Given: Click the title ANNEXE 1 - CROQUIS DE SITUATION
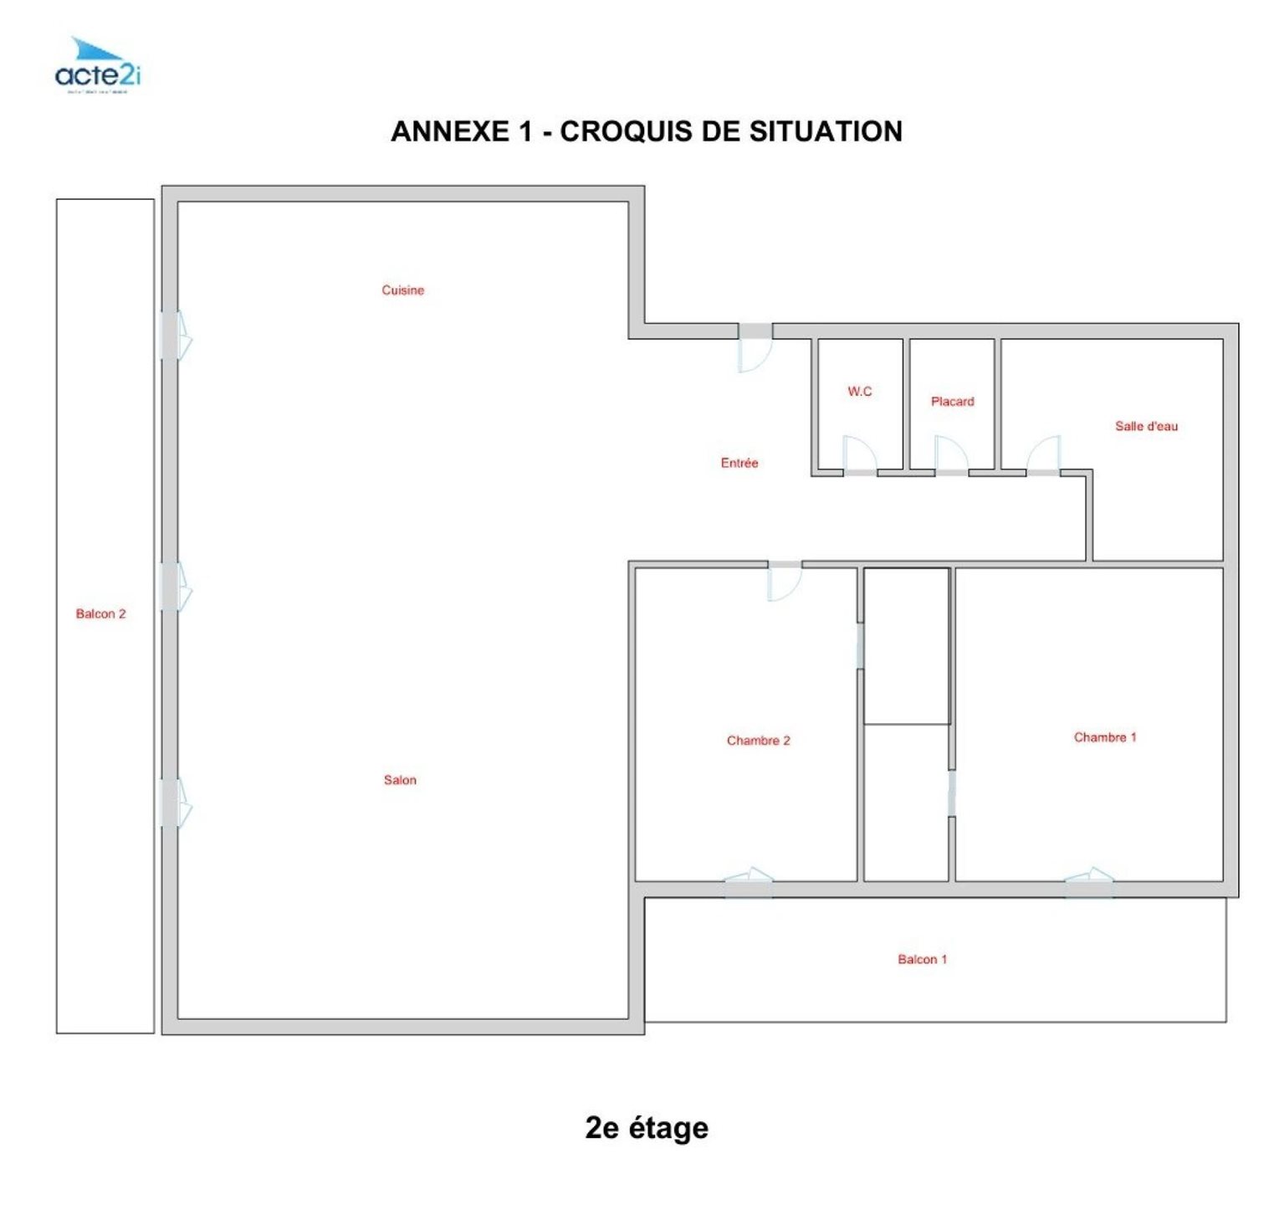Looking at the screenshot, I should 646,131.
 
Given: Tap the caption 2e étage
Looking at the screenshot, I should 646,1127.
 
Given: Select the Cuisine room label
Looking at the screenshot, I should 402,290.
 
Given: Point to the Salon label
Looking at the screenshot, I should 400,780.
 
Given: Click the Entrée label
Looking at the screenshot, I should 739,463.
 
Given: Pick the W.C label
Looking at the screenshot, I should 859,391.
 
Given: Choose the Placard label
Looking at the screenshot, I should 952,402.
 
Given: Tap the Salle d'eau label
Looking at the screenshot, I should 1145,426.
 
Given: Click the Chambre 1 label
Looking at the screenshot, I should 1104,737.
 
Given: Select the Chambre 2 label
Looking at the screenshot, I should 758,741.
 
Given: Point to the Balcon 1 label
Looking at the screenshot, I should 922,959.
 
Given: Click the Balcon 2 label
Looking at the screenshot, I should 100,613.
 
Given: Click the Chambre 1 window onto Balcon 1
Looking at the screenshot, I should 1088,880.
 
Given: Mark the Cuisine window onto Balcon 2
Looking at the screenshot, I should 176,336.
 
